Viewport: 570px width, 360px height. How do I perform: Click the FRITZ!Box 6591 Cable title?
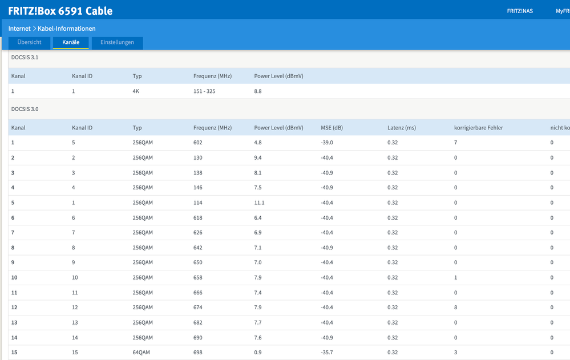pyautogui.click(x=60, y=11)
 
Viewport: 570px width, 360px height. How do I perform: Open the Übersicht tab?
pyautogui.click(x=29, y=42)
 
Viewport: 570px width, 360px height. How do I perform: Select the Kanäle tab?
pyautogui.click(x=71, y=42)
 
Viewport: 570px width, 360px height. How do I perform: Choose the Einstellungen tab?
pyautogui.click(x=117, y=42)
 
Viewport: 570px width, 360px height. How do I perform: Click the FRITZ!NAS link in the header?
pyautogui.click(x=519, y=11)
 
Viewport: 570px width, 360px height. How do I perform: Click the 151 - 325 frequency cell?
pyautogui.click(x=204, y=91)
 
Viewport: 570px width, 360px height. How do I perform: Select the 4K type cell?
pyautogui.click(x=136, y=91)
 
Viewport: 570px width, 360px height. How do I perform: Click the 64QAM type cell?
pyautogui.click(x=142, y=353)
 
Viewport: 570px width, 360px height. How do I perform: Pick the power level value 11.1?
pyautogui.click(x=259, y=203)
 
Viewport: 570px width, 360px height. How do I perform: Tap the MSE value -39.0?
pyautogui.click(x=326, y=143)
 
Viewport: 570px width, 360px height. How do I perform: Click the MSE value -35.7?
pyautogui.click(x=326, y=353)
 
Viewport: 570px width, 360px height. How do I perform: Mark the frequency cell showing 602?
pyautogui.click(x=198, y=143)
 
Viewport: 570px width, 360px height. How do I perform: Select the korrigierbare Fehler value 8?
pyautogui.click(x=456, y=308)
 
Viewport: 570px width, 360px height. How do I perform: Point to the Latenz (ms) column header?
pyautogui.click(x=401, y=128)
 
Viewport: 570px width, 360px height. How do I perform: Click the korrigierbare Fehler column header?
pyautogui.click(x=478, y=128)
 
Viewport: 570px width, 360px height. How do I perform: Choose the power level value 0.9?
pyautogui.click(x=258, y=353)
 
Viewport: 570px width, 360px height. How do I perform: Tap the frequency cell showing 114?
pyautogui.click(x=198, y=203)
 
